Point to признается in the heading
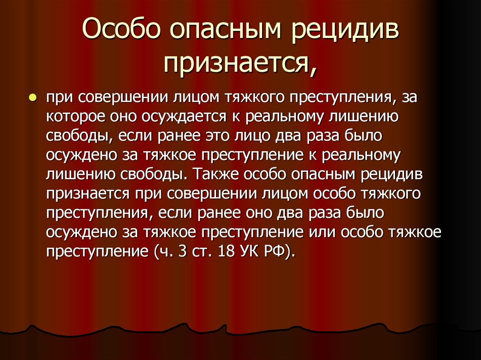(x=235, y=63)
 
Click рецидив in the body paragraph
(x=392, y=174)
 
